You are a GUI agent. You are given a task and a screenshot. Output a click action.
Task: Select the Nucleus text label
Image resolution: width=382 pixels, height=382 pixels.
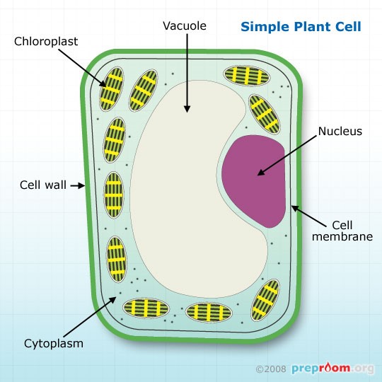coord(340,131)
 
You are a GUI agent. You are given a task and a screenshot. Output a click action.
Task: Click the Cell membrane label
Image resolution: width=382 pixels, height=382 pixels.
coord(342,230)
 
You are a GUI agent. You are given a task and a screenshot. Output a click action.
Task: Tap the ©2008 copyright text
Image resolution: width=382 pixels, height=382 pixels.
coord(272,369)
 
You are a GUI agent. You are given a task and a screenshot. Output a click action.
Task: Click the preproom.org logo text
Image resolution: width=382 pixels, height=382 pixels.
coord(332,369)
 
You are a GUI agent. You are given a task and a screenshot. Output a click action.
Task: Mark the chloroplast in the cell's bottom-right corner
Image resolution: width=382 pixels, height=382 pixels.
coord(266,297)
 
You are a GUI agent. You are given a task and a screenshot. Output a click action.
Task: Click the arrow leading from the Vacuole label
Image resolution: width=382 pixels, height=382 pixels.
coord(187,71)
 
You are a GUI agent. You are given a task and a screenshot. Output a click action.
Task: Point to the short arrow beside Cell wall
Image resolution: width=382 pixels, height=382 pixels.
coord(78,186)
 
